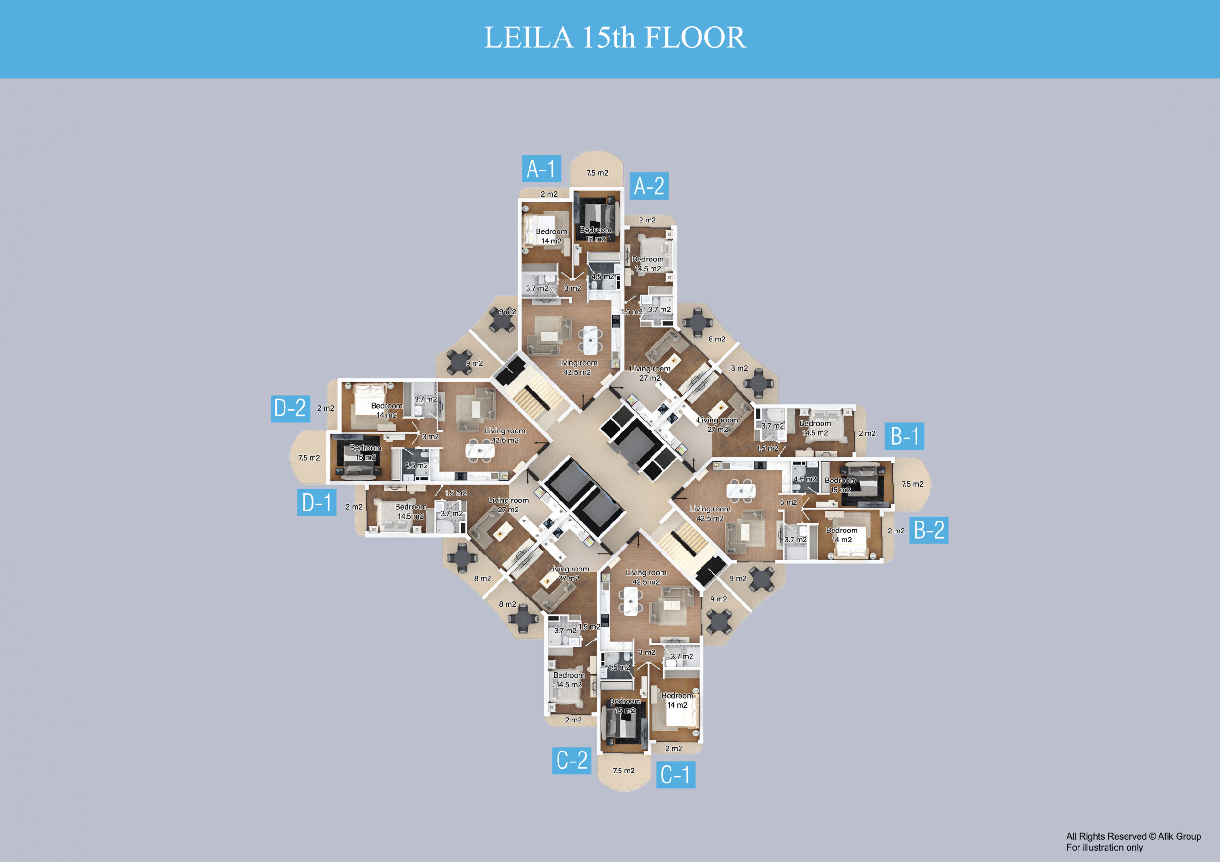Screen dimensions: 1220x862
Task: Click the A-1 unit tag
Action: (x=541, y=169)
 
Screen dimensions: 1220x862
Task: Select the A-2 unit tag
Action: (x=649, y=186)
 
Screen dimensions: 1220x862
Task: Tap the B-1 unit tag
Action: (x=904, y=436)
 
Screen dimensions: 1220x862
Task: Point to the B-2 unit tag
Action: (x=929, y=530)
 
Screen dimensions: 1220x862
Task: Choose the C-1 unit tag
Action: (x=675, y=774)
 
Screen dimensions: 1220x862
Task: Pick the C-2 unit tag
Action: (x=572, y=761)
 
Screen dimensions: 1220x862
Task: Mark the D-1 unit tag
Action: (x=317, y=502)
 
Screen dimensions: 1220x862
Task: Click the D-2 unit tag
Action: (x=291, y=409)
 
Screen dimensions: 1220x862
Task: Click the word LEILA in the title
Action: (x=529, y=37)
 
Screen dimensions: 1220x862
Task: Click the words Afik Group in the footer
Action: (x=1179, y=836)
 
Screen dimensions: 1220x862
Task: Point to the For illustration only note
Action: (x=1104, y=848)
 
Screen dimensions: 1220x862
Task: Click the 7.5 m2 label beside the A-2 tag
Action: (x=597, y=173)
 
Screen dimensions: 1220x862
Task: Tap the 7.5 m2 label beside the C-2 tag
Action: (x=624, y=771)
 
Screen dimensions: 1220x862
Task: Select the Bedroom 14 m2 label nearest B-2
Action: (x=842, y=535)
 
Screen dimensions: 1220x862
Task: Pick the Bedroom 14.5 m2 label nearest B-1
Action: (x=815, y=428)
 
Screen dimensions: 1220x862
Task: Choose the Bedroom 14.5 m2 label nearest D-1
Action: (x=411, y=511)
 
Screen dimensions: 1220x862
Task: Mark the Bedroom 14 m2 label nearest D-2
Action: (x=387, y=411)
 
